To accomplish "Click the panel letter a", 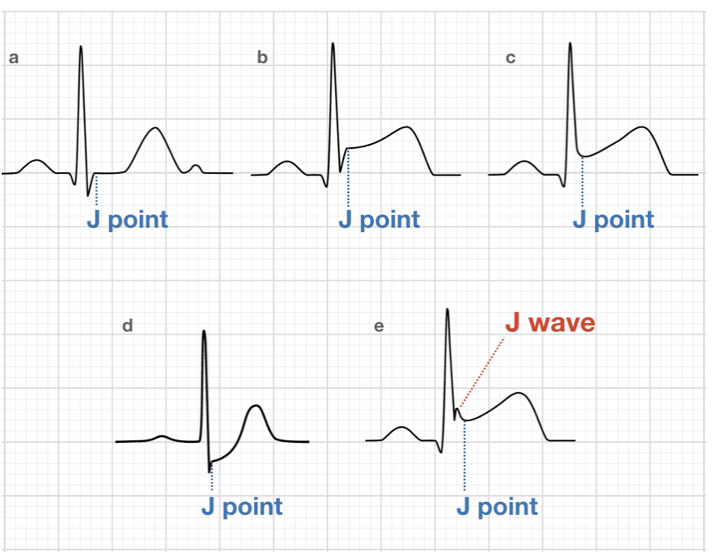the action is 12,59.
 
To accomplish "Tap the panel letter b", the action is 262,58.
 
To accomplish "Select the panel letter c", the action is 511,58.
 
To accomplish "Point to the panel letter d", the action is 127,326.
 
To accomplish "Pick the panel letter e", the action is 379,326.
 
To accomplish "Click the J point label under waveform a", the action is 127,220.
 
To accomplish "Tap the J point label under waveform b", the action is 379,220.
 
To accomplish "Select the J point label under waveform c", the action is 614,220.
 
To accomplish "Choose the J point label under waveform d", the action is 242,506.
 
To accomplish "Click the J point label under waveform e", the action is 498,506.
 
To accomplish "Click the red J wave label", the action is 551,323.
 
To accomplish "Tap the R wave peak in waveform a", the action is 81,47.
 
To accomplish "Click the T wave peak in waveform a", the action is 154,128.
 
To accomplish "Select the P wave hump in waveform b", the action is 287,161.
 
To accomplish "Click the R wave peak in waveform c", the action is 570,44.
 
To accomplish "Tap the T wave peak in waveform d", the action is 256,406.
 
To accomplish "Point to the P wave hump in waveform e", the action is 402,428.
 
